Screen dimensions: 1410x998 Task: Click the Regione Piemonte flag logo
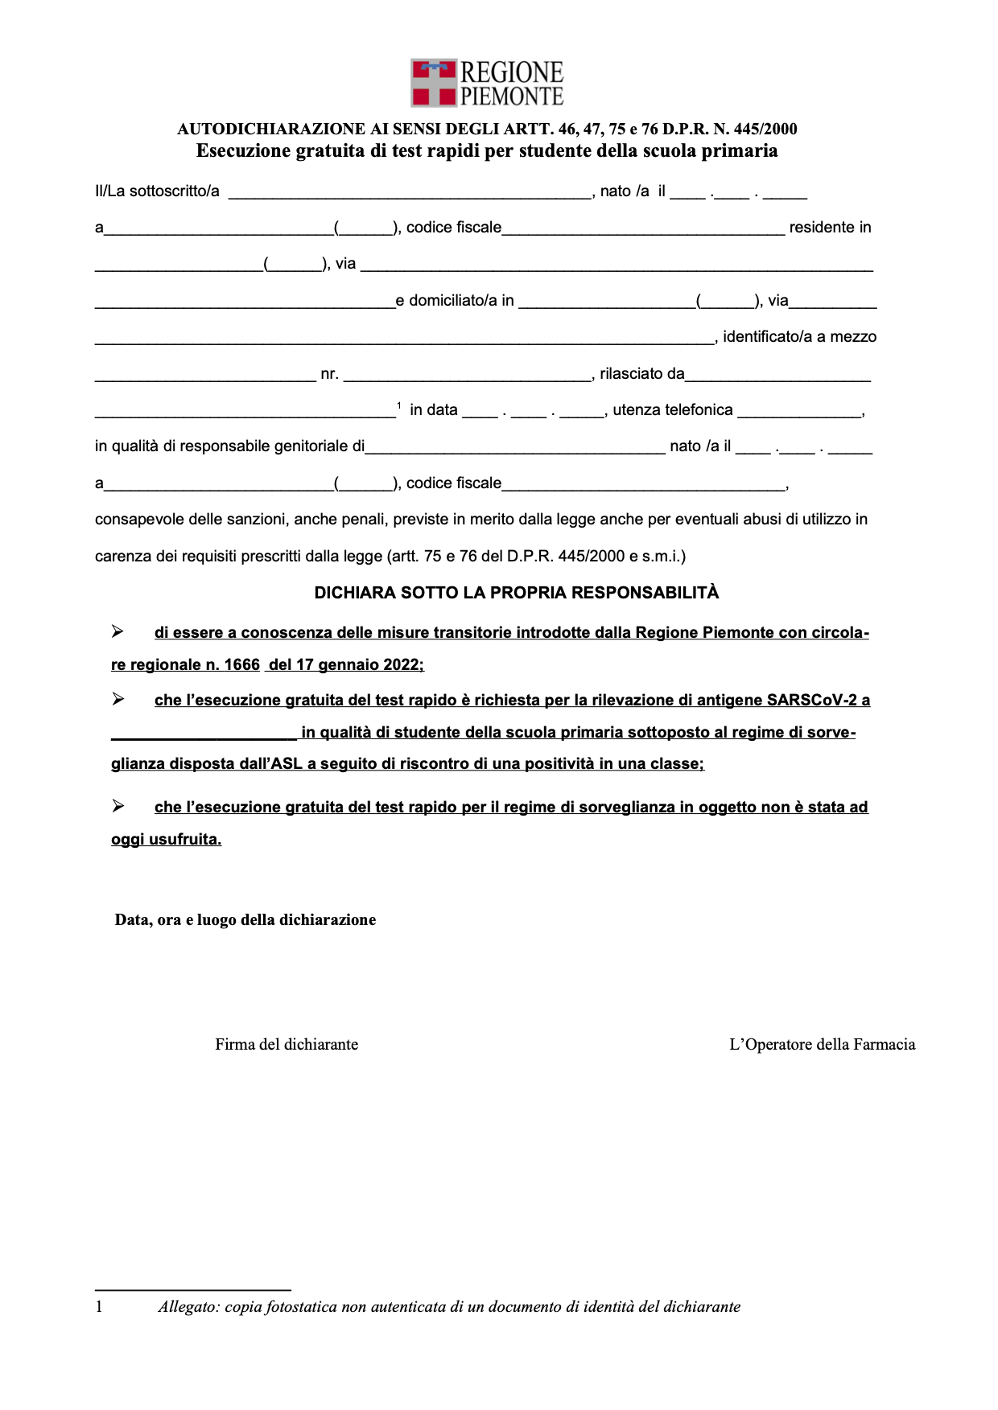(x=434, y=83)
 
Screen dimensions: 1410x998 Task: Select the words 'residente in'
(x=830, y=228)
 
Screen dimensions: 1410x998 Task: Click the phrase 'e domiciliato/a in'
(x=455, y=301)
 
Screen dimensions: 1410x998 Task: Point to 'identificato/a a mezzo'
(x=799, y=337)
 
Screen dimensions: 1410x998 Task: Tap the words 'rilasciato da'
(x=641, y=374)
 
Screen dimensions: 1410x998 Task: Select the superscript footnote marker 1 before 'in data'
(x=399, y=405)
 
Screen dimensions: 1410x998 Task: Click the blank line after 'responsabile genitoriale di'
(x=515, y=448)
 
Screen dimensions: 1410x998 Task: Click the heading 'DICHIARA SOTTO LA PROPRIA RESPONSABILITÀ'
(x=516, y=593)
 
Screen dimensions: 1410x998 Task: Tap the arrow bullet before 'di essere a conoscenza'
(x=118, y=632)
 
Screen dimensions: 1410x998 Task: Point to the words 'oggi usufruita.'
(x=166, y=840)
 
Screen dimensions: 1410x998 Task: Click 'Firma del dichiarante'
(x=287, y=1045)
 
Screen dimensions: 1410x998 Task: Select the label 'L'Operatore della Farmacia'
(x=822, y=1045)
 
